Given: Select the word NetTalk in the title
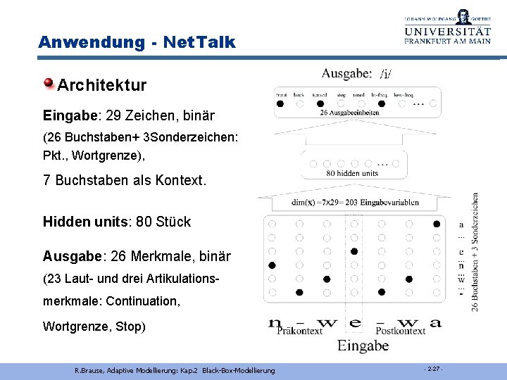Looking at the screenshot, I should coord(199,42).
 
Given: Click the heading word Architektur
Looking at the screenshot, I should coord(102,86).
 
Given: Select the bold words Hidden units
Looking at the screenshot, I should coord(88,222).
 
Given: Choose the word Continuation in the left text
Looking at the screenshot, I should coord(141,301).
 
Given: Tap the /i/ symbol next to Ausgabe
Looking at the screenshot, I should coord(387,74).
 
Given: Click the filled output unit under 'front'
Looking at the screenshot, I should coord(280,103).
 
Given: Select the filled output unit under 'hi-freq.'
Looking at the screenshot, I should coord(382,103).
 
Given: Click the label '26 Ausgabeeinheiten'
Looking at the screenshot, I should coord(349,113).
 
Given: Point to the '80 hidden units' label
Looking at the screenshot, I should coord(352,173).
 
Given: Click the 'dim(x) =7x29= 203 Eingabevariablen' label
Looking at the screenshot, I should coord(355,203).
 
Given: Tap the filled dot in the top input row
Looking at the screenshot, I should coord(437,224).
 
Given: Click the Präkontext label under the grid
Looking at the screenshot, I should coord(299,330).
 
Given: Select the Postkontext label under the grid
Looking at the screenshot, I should coord(401,330).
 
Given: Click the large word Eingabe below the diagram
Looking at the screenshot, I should coord(363,345).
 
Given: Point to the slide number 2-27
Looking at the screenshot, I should coord(433,369).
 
